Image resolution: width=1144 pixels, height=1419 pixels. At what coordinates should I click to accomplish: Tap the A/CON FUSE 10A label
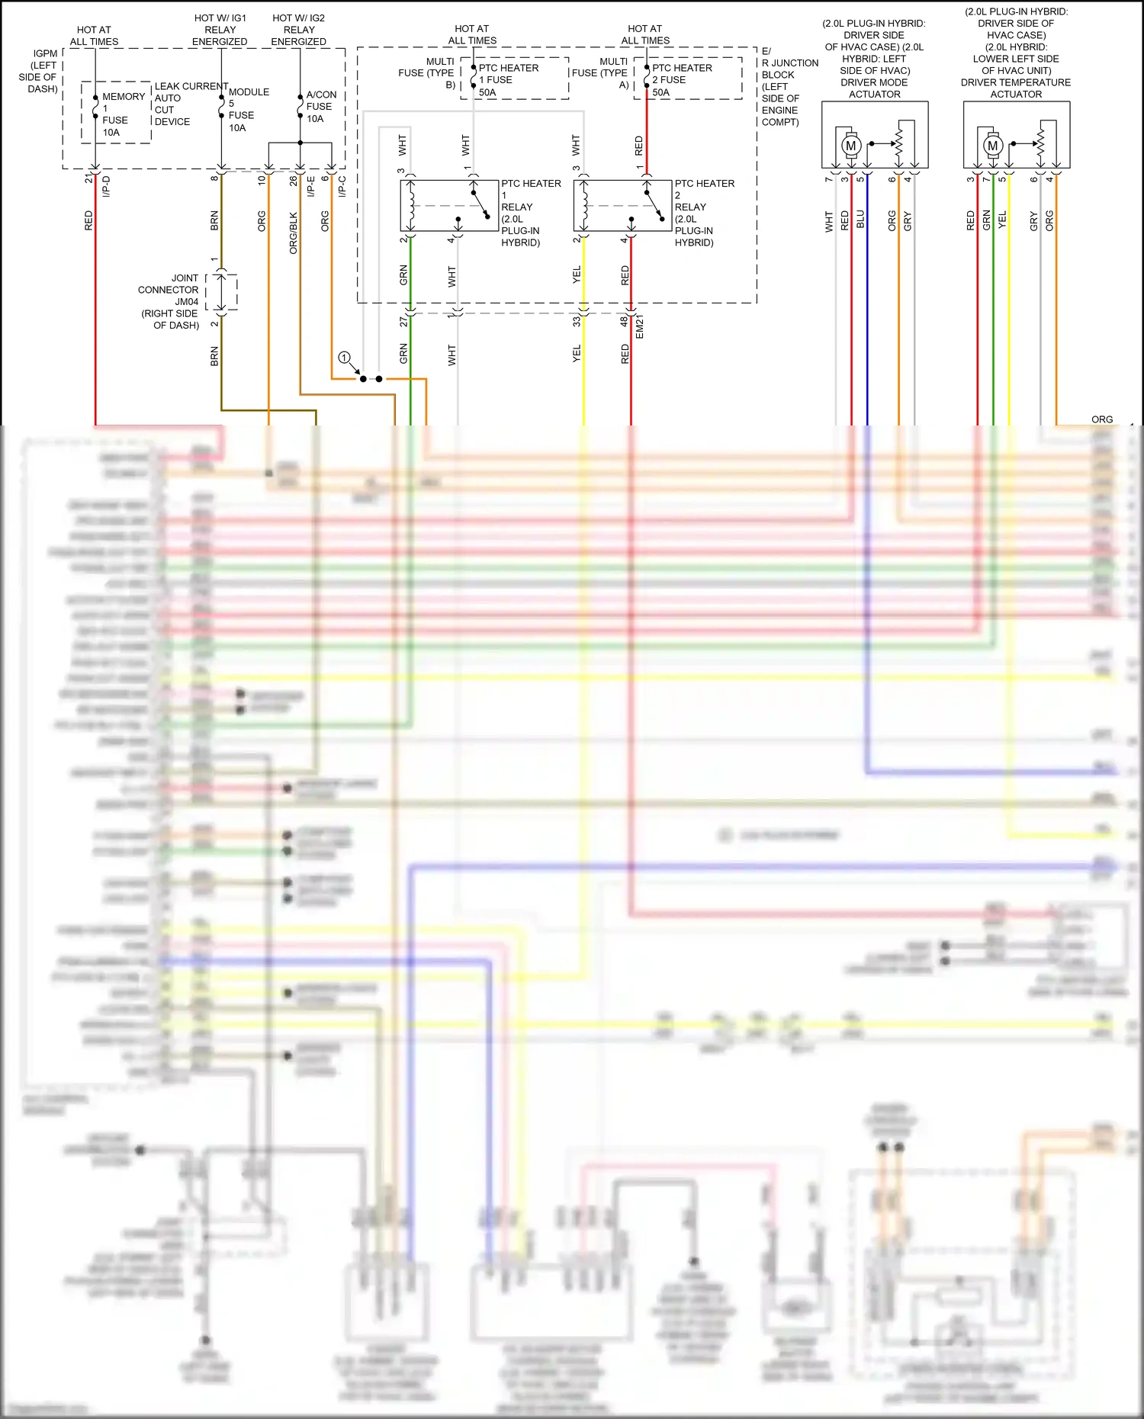click(320, 106)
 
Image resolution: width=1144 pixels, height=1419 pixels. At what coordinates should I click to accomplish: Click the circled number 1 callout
click(345, 358)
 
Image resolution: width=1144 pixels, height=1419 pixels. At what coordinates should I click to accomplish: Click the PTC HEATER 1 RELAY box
click(448, 205)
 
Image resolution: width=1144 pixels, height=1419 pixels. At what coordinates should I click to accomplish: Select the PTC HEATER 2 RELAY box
click(622, 205)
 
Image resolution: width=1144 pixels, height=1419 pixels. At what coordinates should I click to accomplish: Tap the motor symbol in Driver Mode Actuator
click(851, 145)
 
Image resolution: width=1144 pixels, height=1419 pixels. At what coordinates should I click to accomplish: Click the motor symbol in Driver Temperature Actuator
click(992, 145)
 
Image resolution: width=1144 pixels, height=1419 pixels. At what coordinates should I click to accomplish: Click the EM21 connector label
click(640, 326)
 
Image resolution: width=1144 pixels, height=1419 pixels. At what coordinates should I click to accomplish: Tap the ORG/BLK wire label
click(294, 233)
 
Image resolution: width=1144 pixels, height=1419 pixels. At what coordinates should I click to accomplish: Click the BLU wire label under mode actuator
click(860, 220)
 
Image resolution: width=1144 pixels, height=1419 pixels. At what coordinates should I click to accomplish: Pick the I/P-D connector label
click(107, 186)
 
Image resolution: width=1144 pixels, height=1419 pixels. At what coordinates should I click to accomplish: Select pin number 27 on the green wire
click(403, 322)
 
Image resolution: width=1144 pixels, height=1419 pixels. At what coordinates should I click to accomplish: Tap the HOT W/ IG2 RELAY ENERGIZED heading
click(298, 30)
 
